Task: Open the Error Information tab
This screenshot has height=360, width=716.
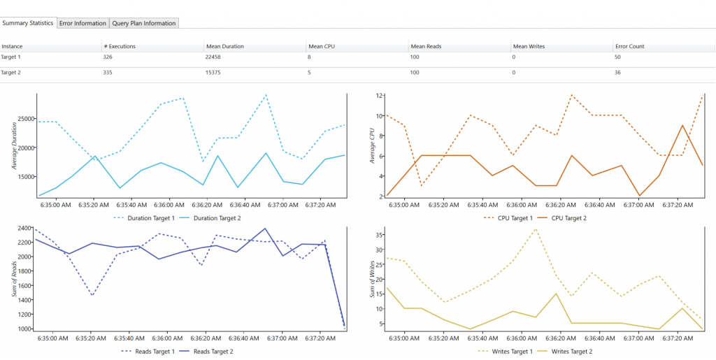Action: pyautogui.click(x=83, y=23)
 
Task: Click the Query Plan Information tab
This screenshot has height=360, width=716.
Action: pyautogui.click(x=143, y=23)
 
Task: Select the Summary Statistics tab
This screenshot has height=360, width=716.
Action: pyautogui.click(x=27, y=23)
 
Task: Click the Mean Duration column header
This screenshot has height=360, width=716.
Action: pyautogui.click(x=224, y=46)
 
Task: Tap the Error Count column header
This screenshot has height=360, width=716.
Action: pyautogui.click(x=629, y=46)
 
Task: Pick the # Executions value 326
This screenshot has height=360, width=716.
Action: pyautogui.click(x=108, y=57)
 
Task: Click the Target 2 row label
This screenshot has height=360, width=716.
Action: pyautogui.click(x=11, y=72)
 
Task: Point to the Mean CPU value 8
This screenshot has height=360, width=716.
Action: pyautogui.click(x=310, y=57)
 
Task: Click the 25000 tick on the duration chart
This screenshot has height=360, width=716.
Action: pyautogui.click(x=24, y=119)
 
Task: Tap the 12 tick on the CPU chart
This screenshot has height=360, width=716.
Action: pyautogui.click(x=380, y=95)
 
